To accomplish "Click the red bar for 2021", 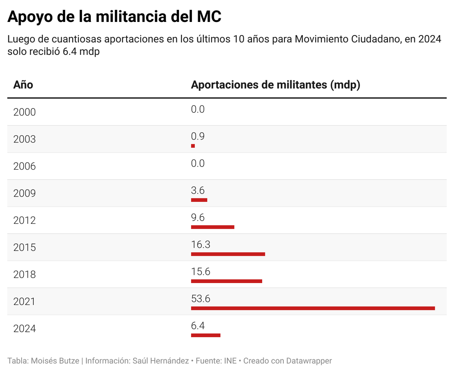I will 313,308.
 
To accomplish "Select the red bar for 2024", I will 205,335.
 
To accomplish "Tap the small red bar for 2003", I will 193,146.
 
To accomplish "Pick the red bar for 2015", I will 228,254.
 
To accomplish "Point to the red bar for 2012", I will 213,227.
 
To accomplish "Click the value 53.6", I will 201,299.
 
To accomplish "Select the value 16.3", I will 201,245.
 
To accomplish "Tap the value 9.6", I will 198,218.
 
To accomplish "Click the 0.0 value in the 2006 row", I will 198,163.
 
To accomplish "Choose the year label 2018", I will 25,275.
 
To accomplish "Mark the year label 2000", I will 25,112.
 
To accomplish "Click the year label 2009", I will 25,193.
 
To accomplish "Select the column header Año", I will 23,85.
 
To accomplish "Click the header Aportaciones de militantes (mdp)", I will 275,85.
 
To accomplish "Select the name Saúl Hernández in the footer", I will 161,361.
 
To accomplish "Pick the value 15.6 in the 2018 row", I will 201,272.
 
